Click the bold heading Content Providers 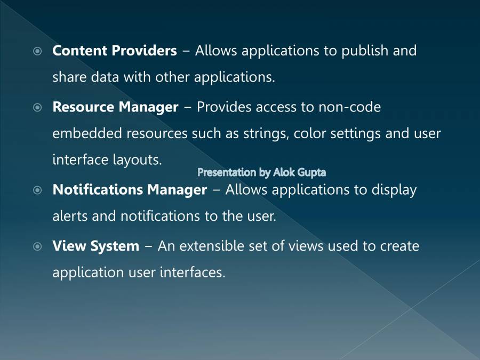pos(114,51)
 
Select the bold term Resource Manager pos(115,107)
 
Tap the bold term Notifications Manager pos(130,190)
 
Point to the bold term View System pos(95,246)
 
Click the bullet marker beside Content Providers pos(37,52)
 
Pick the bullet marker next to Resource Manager pos(37,108)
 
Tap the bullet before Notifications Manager pos(37,190)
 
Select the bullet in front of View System pos(37,247)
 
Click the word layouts pos(137,160)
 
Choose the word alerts pos(70,216)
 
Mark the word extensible pos(211,246)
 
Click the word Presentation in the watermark pos(227,172)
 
